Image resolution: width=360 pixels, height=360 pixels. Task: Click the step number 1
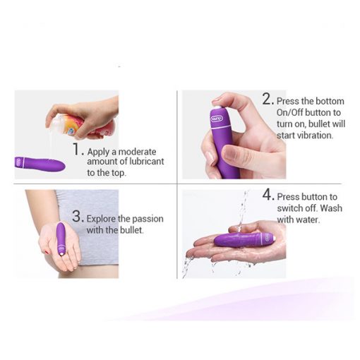coord(77,149)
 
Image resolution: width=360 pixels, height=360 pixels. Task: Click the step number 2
coord(267,99)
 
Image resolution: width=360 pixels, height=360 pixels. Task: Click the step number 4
coord(267,195)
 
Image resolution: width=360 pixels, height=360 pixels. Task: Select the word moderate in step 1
coord(137,152)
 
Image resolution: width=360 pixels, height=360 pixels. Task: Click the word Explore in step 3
coord(101,220)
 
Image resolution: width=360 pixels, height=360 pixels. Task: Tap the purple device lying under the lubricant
coord(40,163)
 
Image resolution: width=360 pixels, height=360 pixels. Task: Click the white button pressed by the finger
coord(217,109)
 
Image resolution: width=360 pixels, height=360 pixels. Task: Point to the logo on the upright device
coord(217,119)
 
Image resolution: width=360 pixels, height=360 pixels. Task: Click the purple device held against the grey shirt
coord(61,239)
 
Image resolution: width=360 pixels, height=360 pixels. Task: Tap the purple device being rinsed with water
coord(245,239)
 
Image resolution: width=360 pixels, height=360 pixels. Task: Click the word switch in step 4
coord(290,208)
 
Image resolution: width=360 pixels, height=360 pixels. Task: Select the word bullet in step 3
coord(131,230)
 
